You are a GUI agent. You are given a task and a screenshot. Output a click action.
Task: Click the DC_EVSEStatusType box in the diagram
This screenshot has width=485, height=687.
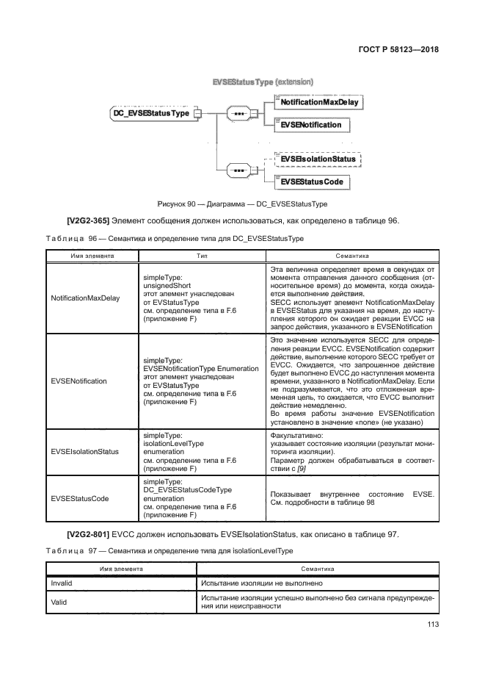(150, 113)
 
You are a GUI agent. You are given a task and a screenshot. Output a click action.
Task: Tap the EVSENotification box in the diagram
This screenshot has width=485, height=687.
(311, 125)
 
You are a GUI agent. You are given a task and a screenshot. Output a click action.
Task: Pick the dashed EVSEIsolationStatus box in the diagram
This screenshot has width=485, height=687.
(318, 159)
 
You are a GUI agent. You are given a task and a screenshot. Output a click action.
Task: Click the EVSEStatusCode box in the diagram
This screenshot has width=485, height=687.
(312, 181)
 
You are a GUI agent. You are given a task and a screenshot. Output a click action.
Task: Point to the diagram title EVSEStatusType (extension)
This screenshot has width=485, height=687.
(262, 82)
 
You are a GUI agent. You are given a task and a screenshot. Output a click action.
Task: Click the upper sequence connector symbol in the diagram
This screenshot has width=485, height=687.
(238, 114)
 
